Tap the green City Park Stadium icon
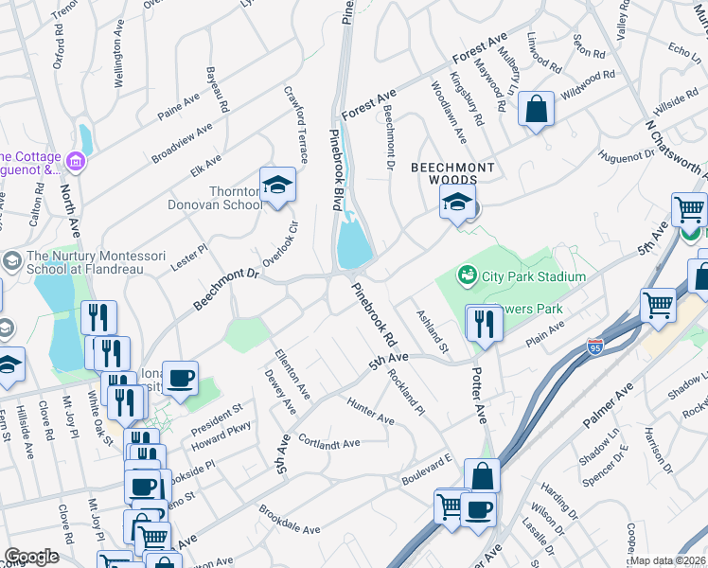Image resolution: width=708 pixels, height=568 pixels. click(x=466, y=276)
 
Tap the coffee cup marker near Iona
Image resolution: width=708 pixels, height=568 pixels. click(x=180, y=379)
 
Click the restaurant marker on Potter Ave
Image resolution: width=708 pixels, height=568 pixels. click(x=484, y=324)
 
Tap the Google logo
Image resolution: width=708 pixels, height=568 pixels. click(x=31, y=557)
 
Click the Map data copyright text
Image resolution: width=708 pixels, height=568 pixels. click(x=667, y=561)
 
